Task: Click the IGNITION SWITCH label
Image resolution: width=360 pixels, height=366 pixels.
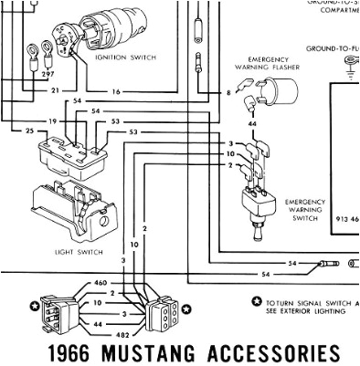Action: [125, 57]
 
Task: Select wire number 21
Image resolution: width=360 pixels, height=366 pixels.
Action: [54, 90]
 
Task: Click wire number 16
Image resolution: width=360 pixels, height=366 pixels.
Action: [116, 91]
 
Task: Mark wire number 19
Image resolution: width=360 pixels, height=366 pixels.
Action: [54, 120]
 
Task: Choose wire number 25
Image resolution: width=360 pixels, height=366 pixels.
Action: [29, 132]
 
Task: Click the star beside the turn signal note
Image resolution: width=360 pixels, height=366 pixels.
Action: [257, 300]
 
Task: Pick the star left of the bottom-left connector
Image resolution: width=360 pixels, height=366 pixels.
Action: [34, 305]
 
